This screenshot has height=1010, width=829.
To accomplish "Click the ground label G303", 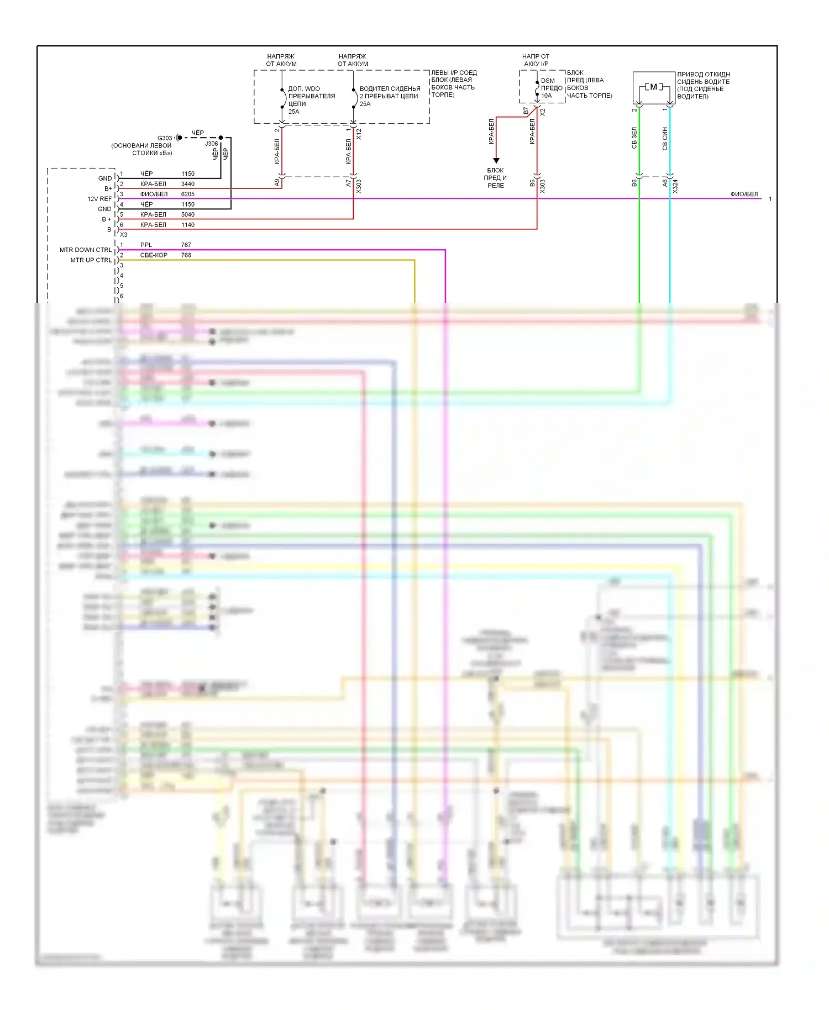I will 165,138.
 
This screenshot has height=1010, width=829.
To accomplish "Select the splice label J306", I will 212,144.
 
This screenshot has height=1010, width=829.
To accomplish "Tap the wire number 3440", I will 188,184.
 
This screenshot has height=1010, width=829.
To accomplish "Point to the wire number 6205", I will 188,194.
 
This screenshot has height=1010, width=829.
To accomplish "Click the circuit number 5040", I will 188,214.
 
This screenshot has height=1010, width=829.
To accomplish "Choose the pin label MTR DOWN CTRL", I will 86,250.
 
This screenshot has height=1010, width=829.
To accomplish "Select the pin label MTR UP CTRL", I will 91,260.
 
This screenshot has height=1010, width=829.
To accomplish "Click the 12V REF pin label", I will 99,199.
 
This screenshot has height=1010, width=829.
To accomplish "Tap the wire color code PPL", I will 146,245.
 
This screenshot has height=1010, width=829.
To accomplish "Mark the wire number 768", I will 186,255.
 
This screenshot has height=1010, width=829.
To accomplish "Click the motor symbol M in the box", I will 654,87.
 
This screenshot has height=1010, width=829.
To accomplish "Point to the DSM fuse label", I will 548,81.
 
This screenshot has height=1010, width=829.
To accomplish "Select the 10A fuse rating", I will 546,96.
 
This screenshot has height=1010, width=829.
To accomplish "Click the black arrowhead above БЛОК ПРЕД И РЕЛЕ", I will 496,161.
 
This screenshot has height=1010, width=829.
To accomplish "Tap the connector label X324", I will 675,186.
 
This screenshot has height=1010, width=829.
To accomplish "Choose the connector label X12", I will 359,134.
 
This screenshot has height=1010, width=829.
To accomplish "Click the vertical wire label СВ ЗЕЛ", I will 634,138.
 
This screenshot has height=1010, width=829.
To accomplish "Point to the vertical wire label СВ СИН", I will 665,138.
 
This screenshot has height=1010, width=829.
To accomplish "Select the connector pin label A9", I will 277,182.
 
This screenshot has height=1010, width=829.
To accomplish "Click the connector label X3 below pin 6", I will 124,235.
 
